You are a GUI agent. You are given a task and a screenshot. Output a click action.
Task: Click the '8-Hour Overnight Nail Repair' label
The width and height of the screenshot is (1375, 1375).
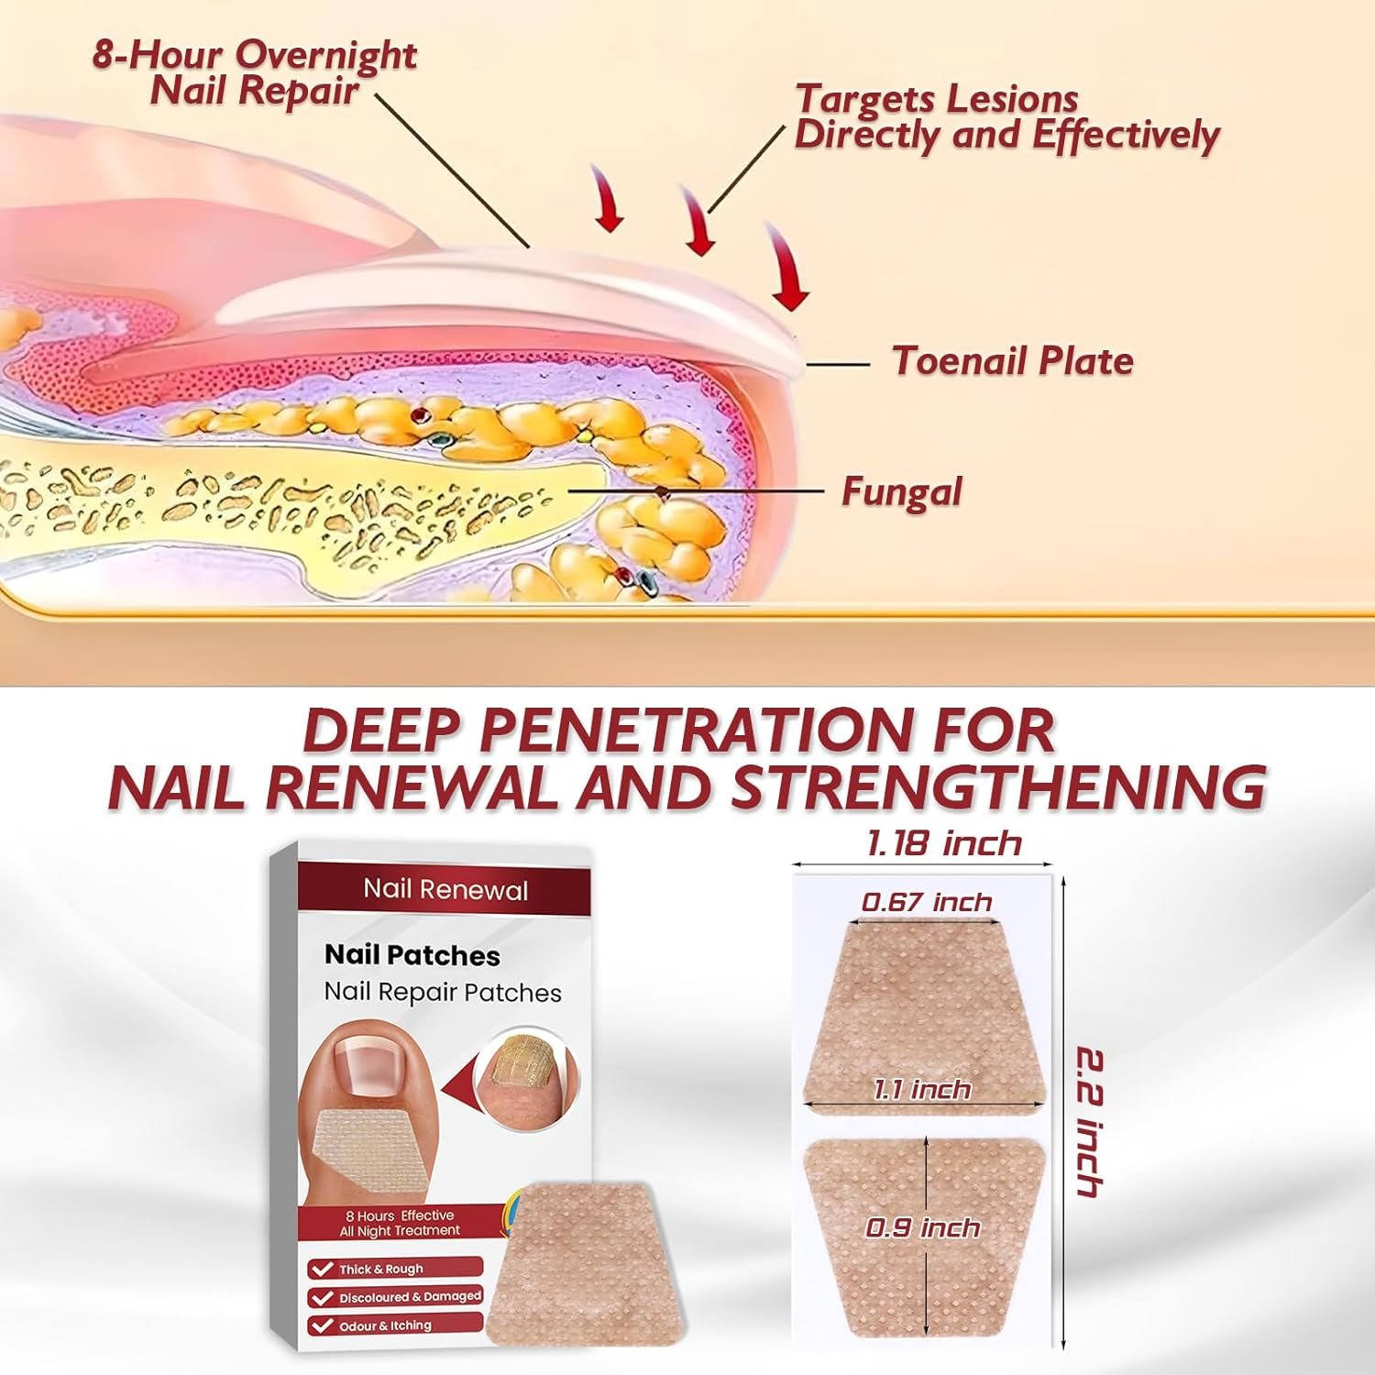coord(255,72)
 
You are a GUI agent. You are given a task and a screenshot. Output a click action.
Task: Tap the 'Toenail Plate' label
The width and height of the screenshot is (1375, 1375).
coord(1013,361)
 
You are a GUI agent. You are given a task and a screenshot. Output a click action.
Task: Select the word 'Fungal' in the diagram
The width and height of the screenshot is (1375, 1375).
coord(902,492)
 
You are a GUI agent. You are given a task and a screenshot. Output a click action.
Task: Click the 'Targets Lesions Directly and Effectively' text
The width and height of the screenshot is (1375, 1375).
coord(1006,116)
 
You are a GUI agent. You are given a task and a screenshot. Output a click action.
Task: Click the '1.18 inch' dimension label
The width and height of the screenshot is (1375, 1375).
coord(943,843)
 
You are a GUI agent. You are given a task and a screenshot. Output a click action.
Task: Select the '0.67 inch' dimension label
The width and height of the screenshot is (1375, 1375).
coord(927,902)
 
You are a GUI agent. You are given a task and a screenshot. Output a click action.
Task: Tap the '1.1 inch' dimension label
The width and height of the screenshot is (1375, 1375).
coord(921,1089)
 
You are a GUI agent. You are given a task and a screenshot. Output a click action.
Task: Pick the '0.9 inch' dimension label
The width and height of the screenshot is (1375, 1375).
coord(923,1227)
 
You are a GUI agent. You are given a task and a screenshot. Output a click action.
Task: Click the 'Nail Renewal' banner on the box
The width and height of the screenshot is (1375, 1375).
coord(445,889)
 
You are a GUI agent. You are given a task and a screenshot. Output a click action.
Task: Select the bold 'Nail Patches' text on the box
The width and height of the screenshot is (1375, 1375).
coord(412,955)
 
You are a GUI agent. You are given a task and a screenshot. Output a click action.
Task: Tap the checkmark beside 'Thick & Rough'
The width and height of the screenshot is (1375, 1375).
coord(322,1269)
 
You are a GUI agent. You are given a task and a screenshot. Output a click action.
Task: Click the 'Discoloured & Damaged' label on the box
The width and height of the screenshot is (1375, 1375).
coord(410,1297)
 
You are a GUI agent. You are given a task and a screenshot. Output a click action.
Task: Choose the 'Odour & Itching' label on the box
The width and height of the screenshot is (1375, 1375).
coord(385,1325)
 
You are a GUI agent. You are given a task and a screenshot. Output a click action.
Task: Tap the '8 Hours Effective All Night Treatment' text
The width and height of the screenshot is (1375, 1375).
coord(400,1223)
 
